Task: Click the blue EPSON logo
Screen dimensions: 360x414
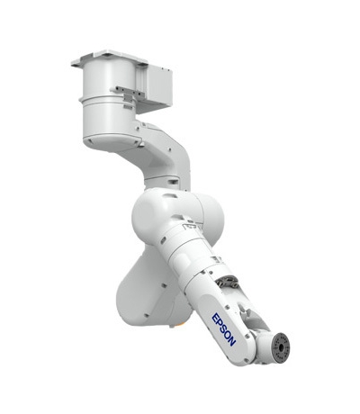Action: click(x=223, y=329)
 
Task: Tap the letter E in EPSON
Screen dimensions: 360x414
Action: click(x=215, y=318)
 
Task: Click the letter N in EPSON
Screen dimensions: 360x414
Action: click(x=232, y=341)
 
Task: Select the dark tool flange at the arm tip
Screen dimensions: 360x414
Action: click(x=282, y=347)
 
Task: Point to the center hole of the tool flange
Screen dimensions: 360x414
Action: click(x=282, y=347)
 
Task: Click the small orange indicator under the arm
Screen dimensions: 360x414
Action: click(x=180, y=324)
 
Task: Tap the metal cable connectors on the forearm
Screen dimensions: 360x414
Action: click(x=227, y=283)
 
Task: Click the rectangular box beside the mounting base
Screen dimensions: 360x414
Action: click(x=156, y=87)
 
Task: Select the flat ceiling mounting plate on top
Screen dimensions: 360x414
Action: click(x=110, y=58)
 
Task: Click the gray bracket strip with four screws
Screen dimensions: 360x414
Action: click(x=127, y=92)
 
